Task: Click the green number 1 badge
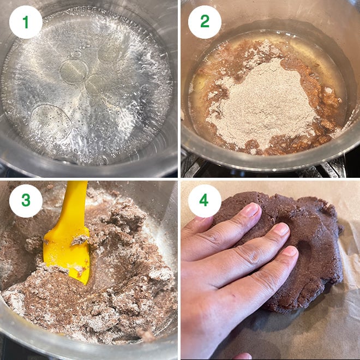pos(26,22)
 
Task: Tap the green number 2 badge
pos(205,22)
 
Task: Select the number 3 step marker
pos(26,200)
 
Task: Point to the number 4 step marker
pos(205,200)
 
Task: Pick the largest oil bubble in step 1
pos(51,123)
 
